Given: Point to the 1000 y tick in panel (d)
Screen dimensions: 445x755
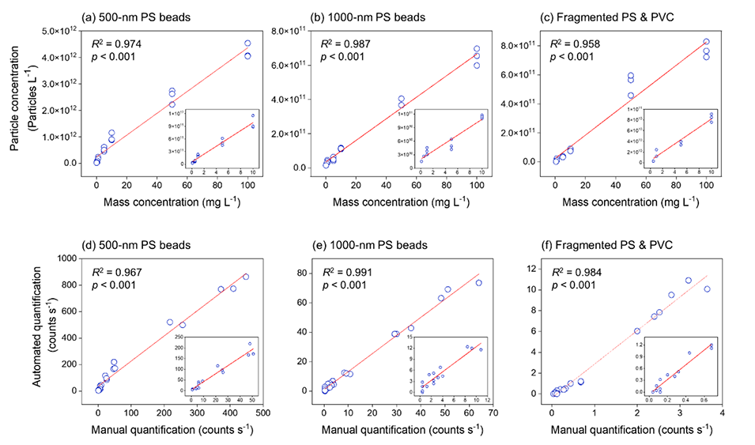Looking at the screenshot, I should [x=73, y=258].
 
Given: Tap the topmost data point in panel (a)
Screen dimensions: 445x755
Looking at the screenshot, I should [x=247, y=43].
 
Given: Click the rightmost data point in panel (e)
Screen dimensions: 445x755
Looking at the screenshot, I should [x=478, y=283].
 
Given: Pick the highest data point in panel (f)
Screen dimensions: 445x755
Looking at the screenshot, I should [x=689, y=281].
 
